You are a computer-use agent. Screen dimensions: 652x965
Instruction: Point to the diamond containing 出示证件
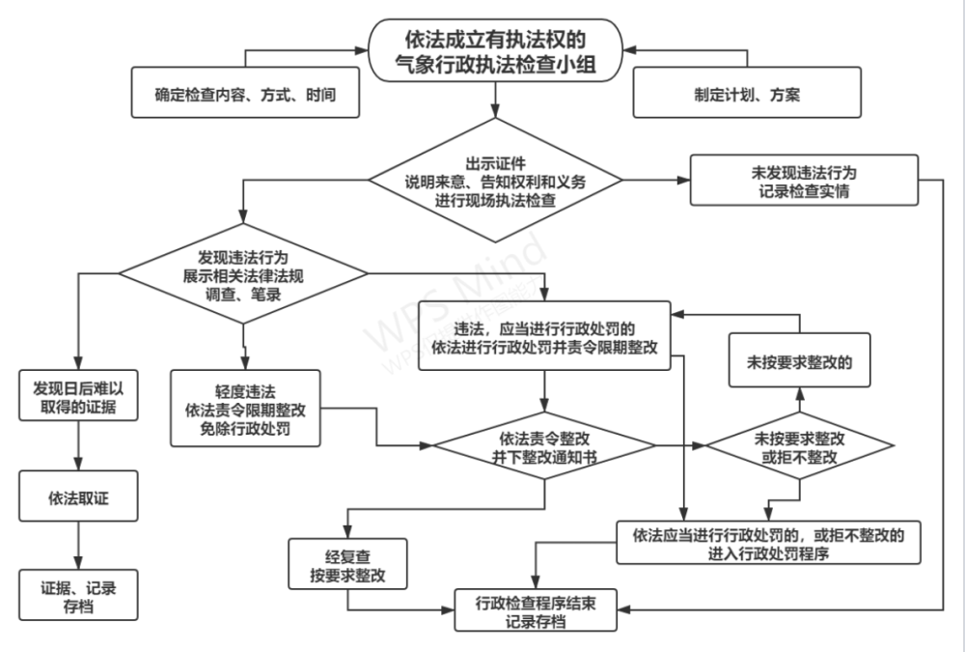point(494,181)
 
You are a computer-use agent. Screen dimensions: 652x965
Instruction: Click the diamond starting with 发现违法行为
point(244,276)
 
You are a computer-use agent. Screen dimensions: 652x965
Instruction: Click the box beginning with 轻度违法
point(244,409)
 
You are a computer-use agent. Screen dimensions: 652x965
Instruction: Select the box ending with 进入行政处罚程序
point(769,543)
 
